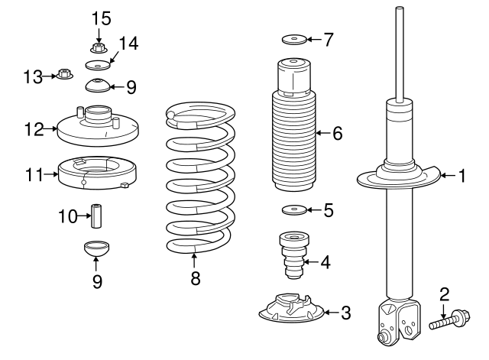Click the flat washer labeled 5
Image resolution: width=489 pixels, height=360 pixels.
click(293, 209)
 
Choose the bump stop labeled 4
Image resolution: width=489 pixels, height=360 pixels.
click(293, 255)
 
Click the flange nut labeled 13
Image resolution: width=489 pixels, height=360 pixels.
click(64, 75)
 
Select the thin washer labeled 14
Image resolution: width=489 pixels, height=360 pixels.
click(96, 66)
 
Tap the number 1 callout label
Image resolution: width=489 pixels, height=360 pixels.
click(461, 177)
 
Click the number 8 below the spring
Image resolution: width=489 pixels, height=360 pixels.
click(195, 279)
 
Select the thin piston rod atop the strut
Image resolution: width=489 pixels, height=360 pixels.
click(399, 54)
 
